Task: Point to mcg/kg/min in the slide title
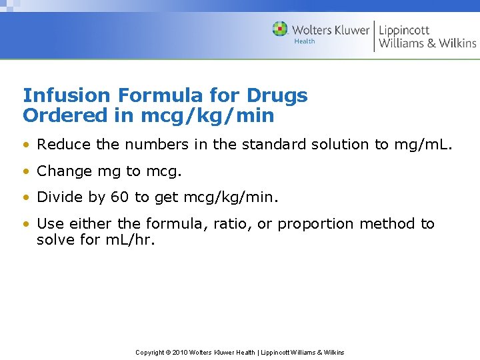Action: coord(207,116)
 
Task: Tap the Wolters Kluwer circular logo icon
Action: coord(280,29)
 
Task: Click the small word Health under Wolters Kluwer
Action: coord(304,41)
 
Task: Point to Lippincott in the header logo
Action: coord(404,30)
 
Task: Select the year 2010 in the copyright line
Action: coord(181,352)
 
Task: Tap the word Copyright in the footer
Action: coord(150,352)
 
